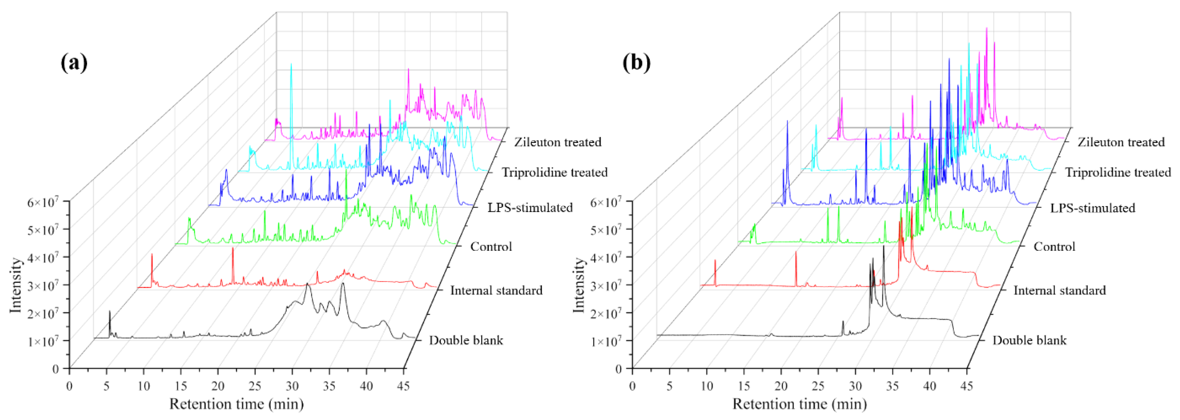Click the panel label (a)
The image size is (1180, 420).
74,63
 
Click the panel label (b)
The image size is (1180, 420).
636,63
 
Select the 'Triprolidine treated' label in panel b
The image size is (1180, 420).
1118,172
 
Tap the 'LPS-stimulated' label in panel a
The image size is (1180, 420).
530,208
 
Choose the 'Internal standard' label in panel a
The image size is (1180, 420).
496,290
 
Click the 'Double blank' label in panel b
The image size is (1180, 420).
1029,340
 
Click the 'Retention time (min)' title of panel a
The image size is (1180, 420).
236,404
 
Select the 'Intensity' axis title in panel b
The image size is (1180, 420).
579,285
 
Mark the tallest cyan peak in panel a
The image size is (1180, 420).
291,65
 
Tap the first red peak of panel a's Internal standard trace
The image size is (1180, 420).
152,254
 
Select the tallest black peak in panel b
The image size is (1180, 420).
884,246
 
